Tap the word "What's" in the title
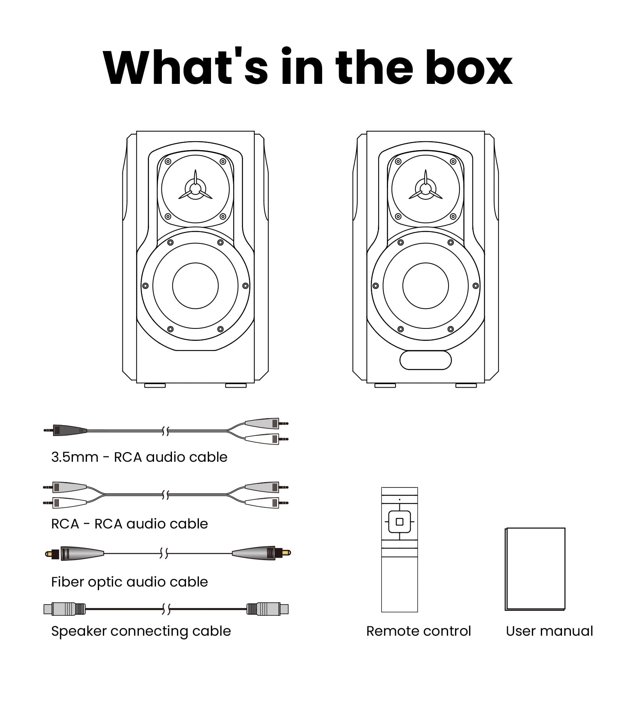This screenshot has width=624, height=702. point(186,66)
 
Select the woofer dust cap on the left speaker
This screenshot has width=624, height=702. point(195,286)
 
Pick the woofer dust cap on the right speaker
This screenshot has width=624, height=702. point(425,286)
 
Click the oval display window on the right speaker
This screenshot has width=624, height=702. point(425,360)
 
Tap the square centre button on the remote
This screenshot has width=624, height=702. point(399,522)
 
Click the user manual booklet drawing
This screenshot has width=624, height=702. point(535,569)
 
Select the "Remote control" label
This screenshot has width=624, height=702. point(418,631)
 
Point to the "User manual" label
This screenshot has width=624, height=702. point(549,631)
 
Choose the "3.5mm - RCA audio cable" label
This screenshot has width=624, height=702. point(139,457)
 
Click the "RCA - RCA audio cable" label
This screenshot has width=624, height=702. point(129,524)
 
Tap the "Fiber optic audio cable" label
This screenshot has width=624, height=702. point(129,582)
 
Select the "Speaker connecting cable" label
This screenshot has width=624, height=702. point(141,631)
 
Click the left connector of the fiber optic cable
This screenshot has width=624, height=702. point(74,553)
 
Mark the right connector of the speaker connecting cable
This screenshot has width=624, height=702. point(268,609)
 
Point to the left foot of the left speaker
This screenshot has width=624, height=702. point(155,386)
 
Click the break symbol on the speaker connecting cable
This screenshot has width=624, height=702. point(166,609)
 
